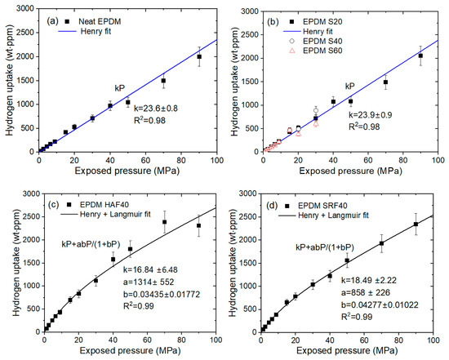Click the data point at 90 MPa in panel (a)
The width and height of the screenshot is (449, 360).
[x=199, y=56]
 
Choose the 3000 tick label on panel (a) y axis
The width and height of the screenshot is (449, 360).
[x=24, y=8]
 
